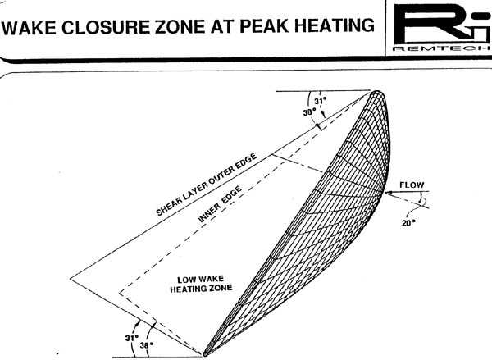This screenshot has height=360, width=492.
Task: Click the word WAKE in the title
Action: coord(30,27)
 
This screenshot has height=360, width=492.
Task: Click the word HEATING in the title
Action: coord(334,25)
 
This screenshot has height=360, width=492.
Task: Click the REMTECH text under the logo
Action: coord(442,48)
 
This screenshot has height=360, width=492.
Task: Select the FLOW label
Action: coord(412,185)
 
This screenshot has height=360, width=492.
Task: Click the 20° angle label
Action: coord(408,222)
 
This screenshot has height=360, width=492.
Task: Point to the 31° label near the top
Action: coord(321,101)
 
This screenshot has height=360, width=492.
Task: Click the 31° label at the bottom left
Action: coord(132,338)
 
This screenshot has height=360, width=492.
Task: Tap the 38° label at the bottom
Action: coord(147,344)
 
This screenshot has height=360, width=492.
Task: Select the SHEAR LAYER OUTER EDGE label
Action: coord(207,185)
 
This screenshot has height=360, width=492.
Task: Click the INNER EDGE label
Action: coord(221,204)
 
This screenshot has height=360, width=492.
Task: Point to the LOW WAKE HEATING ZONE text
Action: coord(201,284)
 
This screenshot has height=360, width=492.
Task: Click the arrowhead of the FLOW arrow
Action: coord(387,192)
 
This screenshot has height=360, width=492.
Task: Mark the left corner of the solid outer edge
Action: coord(70,278)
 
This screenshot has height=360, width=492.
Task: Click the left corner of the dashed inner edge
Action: coord(119,293)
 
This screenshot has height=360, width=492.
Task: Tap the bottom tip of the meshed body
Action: coord(205,354)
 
